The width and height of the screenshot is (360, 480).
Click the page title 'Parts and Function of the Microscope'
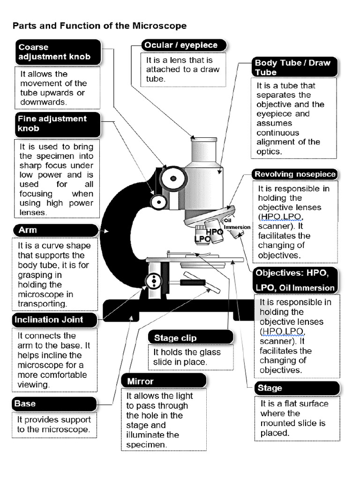(x=99, y=26)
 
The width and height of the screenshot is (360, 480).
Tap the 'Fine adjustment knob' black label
(x=57, y=124)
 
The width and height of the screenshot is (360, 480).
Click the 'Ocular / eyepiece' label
(x=184, y=45)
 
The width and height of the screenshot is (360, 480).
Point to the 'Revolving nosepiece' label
(x=294, y=174)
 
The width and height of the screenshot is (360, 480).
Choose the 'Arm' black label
(x=55, y=230)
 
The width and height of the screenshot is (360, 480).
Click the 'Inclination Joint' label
(x=54, y=320)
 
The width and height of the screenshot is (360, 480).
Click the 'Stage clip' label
(x=190, y=337)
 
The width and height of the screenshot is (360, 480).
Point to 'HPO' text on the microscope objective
(x=215, y=232)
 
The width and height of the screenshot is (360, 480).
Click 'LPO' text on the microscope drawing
(x=202, y=239)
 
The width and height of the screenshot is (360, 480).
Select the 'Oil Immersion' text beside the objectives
(x=237, y=224)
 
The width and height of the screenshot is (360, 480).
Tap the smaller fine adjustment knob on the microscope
(x=158, y=202)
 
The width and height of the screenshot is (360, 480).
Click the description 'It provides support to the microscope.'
(x=54, y=425)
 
